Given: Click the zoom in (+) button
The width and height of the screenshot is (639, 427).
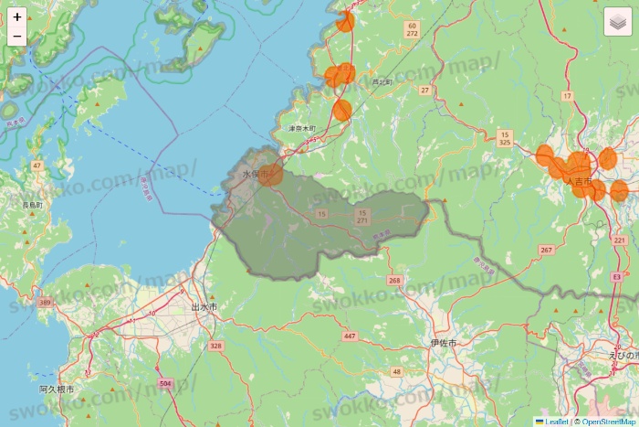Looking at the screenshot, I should click(17, 16).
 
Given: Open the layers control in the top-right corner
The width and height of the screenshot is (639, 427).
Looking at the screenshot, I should click(618, 22).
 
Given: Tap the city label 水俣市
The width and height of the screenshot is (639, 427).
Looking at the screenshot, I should click(255, 174).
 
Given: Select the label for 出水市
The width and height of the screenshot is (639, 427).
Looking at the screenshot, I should click(204, 307).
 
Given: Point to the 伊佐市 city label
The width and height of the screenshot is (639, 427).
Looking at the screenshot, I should click(443, 342).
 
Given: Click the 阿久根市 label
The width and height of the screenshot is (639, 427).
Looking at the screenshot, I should click(57, 390).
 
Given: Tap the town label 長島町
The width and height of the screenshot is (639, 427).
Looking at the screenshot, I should click(33, 207).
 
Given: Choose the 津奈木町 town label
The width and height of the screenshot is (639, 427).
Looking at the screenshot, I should click(302, 129).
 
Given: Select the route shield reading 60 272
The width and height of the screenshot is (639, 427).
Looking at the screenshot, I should click(412, 29).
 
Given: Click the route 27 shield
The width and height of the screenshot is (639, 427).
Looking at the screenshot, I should click(425, 90).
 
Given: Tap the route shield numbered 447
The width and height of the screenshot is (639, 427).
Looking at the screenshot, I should click(350, 336).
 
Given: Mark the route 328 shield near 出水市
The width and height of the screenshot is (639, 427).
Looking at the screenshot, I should click(215, 346).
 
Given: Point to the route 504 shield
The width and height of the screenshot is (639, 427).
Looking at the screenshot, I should click(164, 383).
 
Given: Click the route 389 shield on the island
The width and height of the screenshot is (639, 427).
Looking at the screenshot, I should click(46, 301).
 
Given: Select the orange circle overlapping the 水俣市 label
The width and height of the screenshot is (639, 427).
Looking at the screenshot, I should click(270, 174).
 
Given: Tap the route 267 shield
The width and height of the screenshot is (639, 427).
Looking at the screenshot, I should click(547, 250).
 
